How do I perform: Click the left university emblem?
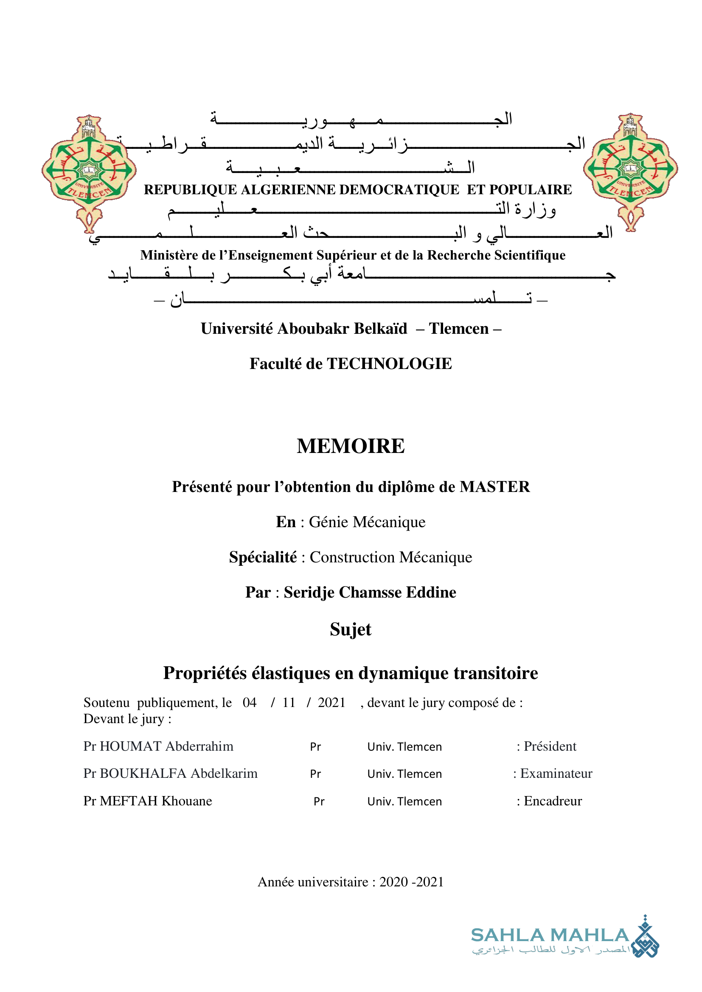click(89, 173)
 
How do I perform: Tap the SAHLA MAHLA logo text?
click(550, 936)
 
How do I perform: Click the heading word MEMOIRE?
click(351, 446)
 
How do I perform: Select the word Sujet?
click(351, 629)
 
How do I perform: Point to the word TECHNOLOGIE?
click(389, 364)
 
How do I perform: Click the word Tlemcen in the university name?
click(459, 329)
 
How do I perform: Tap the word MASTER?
click(494, 487)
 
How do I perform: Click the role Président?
click(550, 746)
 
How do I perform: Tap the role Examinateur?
click(556, 774)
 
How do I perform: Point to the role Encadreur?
click(553, 801)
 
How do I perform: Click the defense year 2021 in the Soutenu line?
click(331, 702)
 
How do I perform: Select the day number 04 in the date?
click(250, 702)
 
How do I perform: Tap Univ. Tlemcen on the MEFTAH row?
click(404, 802)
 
